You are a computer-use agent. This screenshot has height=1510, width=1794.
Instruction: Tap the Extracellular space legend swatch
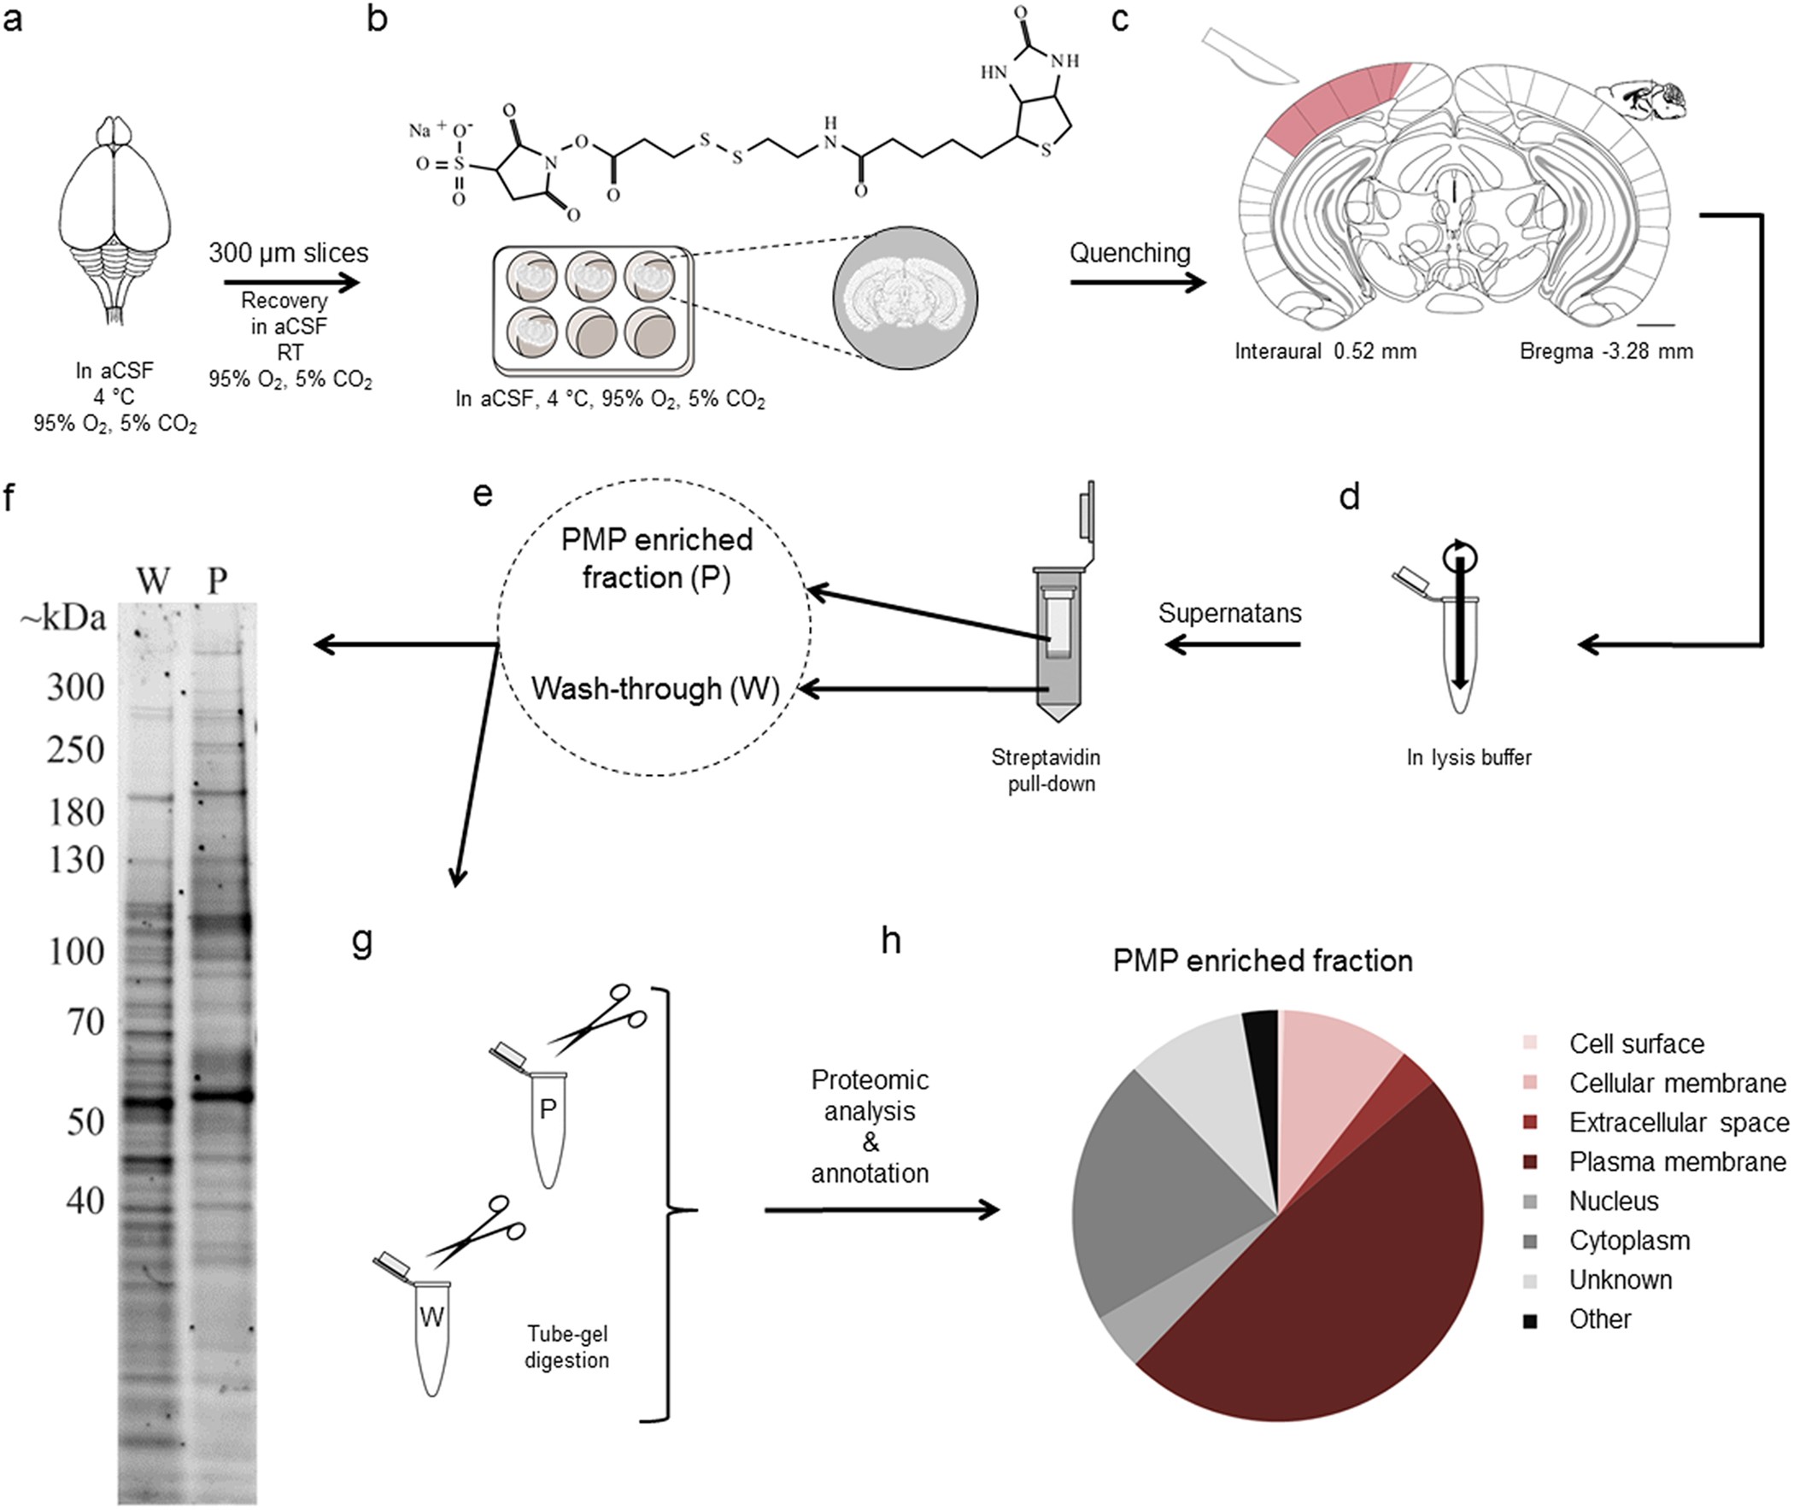click(1530, 1122)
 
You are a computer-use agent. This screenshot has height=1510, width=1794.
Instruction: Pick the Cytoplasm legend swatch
click(1530, 1240)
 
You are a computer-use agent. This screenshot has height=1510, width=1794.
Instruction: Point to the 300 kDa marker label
click(75, 687)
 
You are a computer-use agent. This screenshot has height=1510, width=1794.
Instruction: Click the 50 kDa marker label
click(85, 1121)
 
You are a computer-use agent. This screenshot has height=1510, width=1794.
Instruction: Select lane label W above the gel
click(153, 581)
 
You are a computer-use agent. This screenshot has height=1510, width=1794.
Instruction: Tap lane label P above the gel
click(217, 581)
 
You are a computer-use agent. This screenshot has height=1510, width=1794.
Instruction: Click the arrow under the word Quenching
click(1137, 283)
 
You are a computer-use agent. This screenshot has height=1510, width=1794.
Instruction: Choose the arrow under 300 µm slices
click(290, 283)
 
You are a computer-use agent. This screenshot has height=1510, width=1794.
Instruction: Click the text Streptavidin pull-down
click(1046, 771)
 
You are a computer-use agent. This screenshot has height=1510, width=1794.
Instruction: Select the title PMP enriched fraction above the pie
click(1263, 961)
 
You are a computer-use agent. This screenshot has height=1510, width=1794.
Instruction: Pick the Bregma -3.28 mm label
click(1606, 351)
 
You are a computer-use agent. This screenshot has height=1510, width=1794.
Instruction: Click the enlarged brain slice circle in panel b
click(906, 298)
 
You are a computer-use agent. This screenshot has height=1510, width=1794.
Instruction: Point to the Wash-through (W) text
click(655, 689)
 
